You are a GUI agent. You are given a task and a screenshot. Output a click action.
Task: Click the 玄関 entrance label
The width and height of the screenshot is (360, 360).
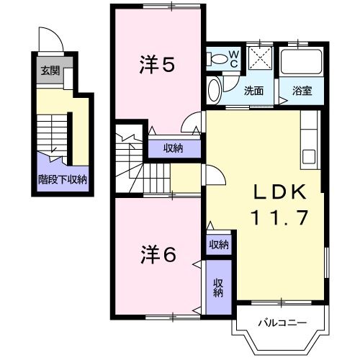[x=50, y=71]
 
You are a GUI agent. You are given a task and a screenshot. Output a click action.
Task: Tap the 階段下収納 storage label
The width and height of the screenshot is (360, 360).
[x=63, y=179]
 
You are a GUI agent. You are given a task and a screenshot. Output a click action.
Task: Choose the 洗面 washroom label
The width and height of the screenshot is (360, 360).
[x=253, y=91]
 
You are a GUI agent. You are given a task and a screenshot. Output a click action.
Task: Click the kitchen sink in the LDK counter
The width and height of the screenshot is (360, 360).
[x=309, y=156]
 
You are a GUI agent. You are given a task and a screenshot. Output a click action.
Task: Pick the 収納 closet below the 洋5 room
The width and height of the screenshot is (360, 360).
[x=172, y=148]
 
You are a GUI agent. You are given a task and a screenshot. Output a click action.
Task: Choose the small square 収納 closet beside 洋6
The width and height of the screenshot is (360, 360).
[x=218, y=245]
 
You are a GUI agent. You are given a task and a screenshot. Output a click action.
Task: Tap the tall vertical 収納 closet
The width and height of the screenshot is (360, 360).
[x=218, y=288]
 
